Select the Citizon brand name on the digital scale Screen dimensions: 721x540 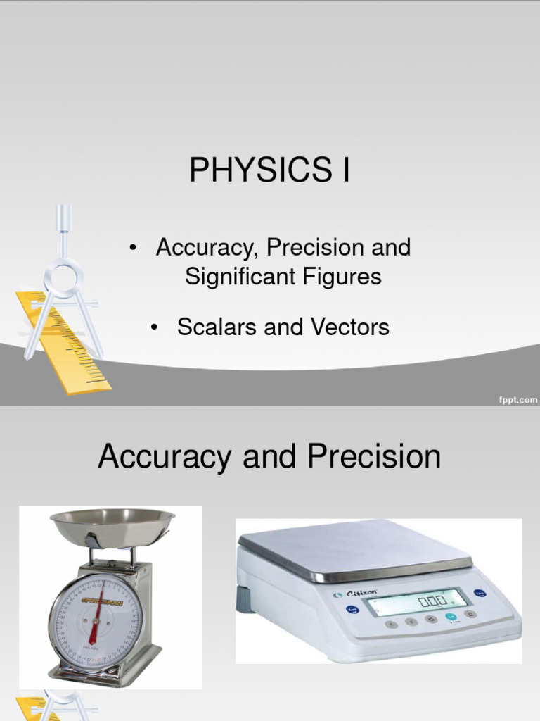tap(361, 594)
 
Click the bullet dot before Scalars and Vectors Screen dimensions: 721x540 tap(153, 327)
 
